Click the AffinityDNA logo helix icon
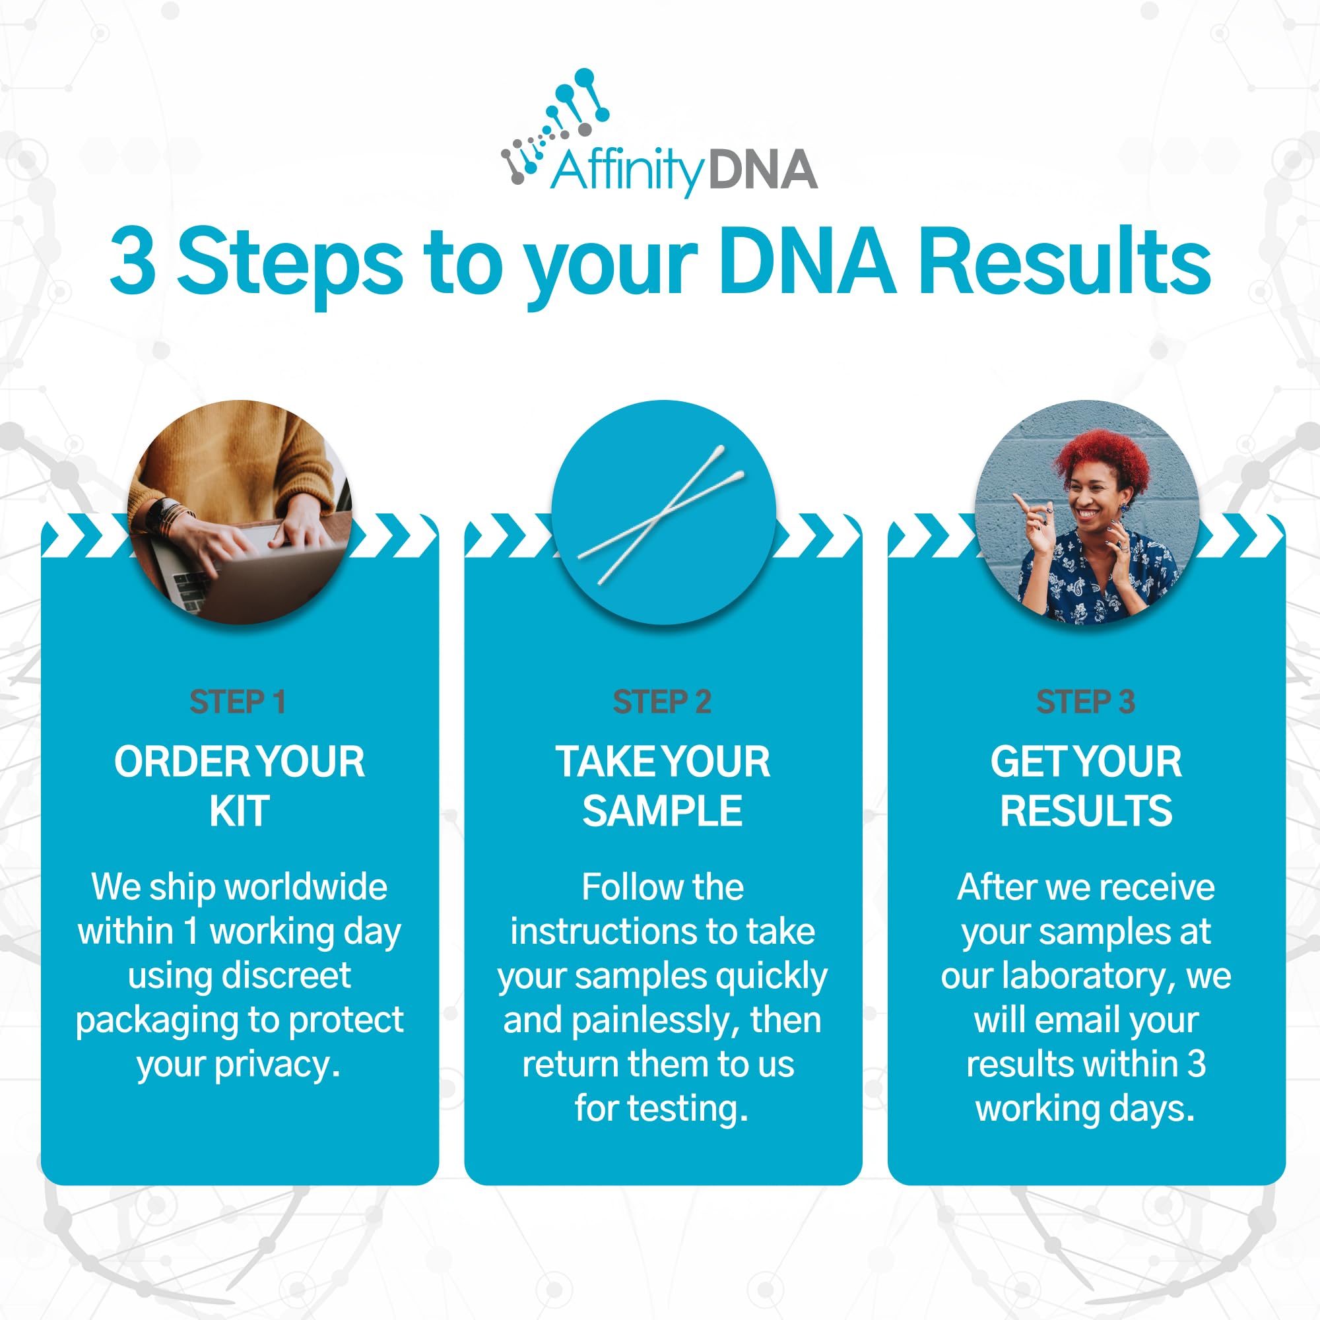(x=555, y=127)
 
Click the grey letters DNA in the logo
(x=763, y=170)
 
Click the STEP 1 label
(x=237, y=702)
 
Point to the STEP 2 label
(x=662, y=702)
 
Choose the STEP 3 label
(x=1086, y=702)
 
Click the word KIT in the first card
(x=239, y=811)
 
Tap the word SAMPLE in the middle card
(x=662, y=811)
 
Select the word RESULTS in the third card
(x=1086, y=811)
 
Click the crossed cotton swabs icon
(x=661, y=515)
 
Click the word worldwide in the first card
(x=306, y=887)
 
